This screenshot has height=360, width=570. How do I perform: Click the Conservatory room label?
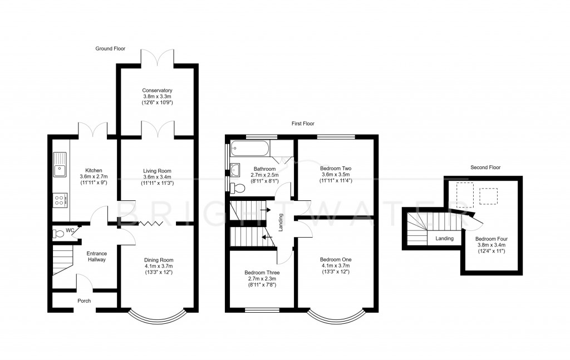coord(157,91)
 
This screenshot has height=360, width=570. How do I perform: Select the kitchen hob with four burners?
coord(60,200)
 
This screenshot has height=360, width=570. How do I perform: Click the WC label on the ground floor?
coord(70,229)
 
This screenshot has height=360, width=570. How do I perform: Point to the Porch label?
coord(84,301)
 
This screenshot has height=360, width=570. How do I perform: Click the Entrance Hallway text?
coord(96,257)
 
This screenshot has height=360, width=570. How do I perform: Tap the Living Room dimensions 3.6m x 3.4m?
coord(157,178)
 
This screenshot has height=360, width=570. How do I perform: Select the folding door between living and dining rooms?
coord(150,223)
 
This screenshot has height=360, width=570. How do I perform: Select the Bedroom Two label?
coord(336,168)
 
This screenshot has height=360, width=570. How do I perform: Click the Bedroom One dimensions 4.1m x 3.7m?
coord(336,266)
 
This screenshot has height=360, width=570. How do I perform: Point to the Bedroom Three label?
coord(262,273)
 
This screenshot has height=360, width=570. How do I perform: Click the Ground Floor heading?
coord(110,49)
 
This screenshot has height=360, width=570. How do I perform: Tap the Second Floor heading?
coord(485,167)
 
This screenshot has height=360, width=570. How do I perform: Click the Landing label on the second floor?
coord(444,239)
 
